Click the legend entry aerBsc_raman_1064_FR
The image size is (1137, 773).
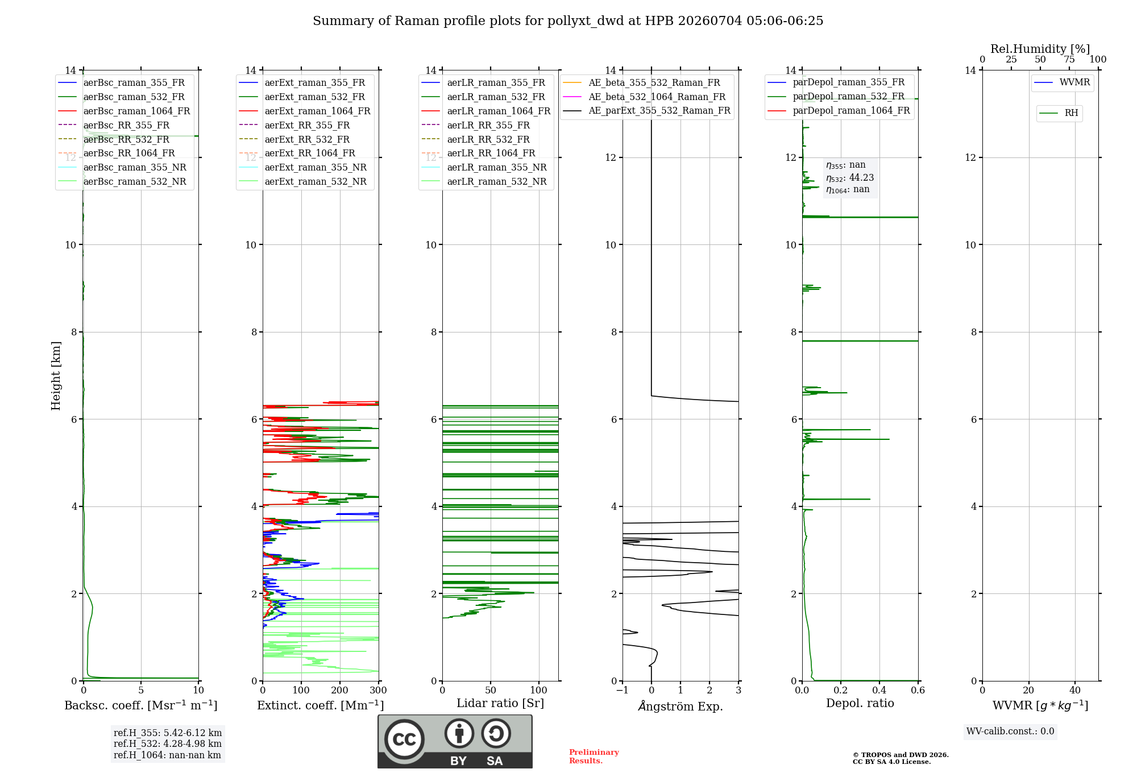click(x=124, y=111)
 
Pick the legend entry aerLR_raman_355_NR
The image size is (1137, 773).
click(x=484, y=167)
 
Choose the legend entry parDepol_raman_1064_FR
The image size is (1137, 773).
click(x=839, y=110)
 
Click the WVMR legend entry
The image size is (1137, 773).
click(x=1063, y=82)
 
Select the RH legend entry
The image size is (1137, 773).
click(x=1059, y=113)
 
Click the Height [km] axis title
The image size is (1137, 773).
click(x=56, y=376)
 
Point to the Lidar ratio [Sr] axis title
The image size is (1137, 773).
click(x=500, y=703)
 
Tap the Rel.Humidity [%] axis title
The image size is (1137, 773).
click(x=1040, y=49)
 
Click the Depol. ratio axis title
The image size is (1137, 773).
click(x=860, y=703)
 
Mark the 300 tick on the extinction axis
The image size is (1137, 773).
click(x=379, y=690)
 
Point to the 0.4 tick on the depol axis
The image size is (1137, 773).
click(x=879, y=690)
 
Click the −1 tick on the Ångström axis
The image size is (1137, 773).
click(x=623, y=690)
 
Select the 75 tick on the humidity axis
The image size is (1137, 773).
click(x=1069, y=59)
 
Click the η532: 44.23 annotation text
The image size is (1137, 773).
click(x=850, y=178)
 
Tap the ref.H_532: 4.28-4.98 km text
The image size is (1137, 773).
click(x=168, y=743)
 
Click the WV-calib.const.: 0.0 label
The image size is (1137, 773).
click(x=1010, y=732)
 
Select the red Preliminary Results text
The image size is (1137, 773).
click(x=594, y=757)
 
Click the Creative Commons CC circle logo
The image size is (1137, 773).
click(x=404, y=739)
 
